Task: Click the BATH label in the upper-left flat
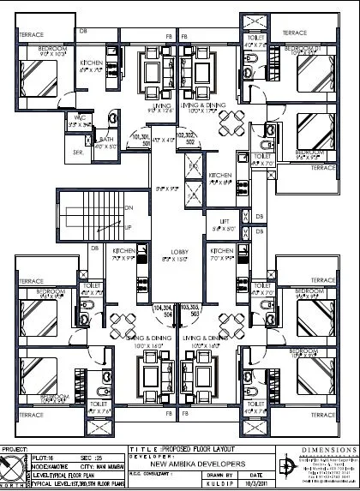tap(106, 139)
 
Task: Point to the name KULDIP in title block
tap(221, 483)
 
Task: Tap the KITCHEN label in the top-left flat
tap(93, 64)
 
